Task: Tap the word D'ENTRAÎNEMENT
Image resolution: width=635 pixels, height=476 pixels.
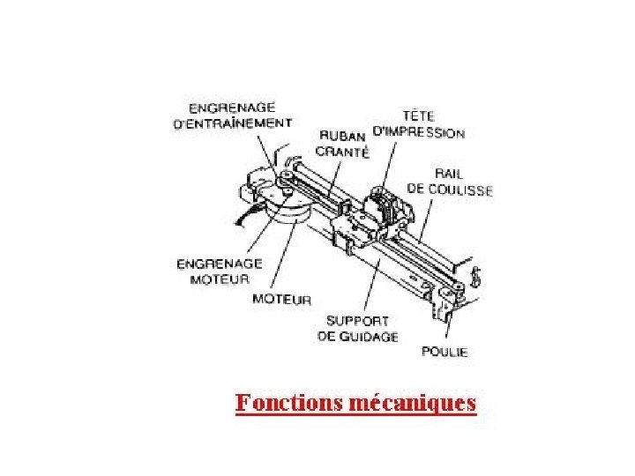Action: coord(232,123)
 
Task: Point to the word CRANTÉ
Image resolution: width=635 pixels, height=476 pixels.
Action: coord(342,151)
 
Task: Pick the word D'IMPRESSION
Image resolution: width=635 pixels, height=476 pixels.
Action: coord(419,133)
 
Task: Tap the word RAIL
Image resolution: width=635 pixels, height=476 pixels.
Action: coord(450,174)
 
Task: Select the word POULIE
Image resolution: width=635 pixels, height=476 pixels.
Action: coord(444,352)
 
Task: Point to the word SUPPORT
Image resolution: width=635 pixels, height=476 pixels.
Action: coord(357,321)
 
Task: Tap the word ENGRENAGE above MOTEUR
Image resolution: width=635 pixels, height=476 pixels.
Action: coord(220,264)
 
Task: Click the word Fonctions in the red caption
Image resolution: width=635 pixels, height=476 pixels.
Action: coord(290,403)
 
